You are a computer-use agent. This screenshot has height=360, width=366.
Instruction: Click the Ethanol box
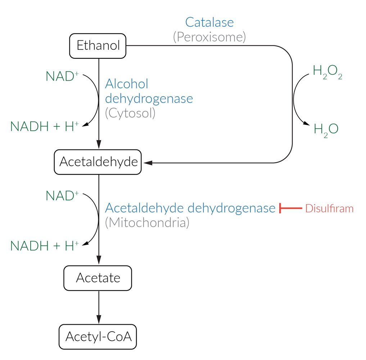point(98,46)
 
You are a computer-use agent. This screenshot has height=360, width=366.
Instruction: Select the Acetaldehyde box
point(98,162)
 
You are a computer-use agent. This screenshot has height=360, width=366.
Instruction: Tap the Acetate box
point(98,278)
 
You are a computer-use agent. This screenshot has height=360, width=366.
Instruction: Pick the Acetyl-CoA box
point(98,337)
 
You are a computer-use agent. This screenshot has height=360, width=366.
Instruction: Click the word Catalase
point(209,22)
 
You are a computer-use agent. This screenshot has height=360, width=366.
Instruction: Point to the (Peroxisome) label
point(209,37)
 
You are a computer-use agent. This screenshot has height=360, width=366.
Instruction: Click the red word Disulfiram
point(329,209)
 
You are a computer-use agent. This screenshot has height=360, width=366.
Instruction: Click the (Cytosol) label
point(130,113)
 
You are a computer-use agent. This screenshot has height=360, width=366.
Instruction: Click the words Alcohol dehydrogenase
point(149,91)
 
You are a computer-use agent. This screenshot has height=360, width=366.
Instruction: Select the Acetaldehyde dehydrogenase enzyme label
point(190,208)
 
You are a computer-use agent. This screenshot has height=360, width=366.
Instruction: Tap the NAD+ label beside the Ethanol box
point(62,76)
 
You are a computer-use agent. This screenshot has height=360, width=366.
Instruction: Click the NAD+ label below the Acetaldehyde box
point(62,195)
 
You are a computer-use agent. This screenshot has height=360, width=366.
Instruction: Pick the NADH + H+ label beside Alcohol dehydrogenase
point(45,126)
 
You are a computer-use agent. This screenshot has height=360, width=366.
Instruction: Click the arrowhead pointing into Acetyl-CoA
point(98,319)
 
